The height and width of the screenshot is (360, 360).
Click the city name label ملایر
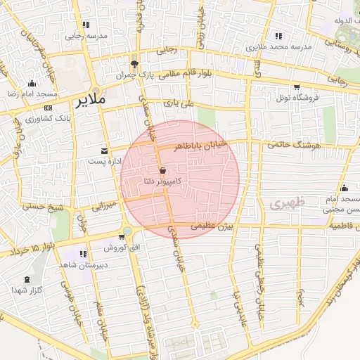[91, 99]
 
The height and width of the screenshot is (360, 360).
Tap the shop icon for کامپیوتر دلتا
[162, 170]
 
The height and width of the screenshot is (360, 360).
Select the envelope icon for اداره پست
[105, 151]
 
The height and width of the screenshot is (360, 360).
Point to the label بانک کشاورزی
[29, 118]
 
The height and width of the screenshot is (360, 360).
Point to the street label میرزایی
[104, 206]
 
